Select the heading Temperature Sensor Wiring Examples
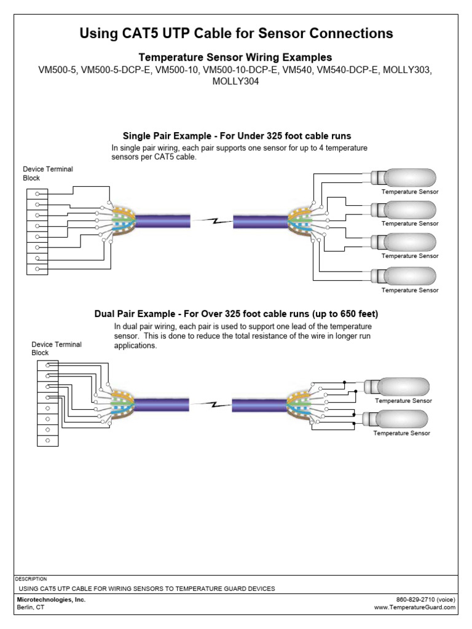tap(236, 57)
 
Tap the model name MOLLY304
tap(236, 81)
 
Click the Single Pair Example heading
tap(236, 136)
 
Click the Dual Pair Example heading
tap(236, 314)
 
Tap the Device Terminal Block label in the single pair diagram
tap(48, 173)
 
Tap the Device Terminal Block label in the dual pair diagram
tap(57, 348)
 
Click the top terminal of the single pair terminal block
tap(37, 194)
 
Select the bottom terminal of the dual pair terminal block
tap(47, 440)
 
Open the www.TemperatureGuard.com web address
tap(415, 608)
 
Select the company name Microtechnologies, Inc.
tap(51, 600)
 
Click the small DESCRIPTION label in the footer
tap(31, 579)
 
